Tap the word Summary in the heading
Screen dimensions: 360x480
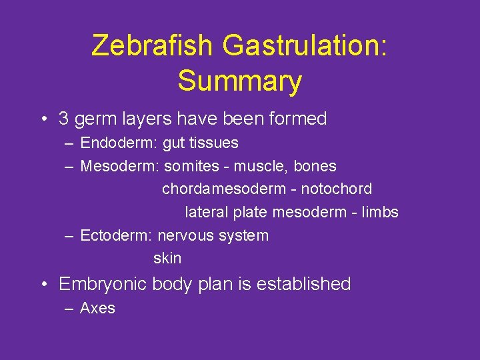click(x=239, y=81)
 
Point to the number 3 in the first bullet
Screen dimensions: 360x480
click(x=64, y=119)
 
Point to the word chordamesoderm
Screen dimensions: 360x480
click(x=224, y=189)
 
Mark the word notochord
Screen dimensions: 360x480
click(x=337, y=189)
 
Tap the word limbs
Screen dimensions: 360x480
click(x=379, y=213)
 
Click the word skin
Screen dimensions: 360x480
click(x=167, y=259)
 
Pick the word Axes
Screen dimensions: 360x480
click(x=97, y=308)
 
